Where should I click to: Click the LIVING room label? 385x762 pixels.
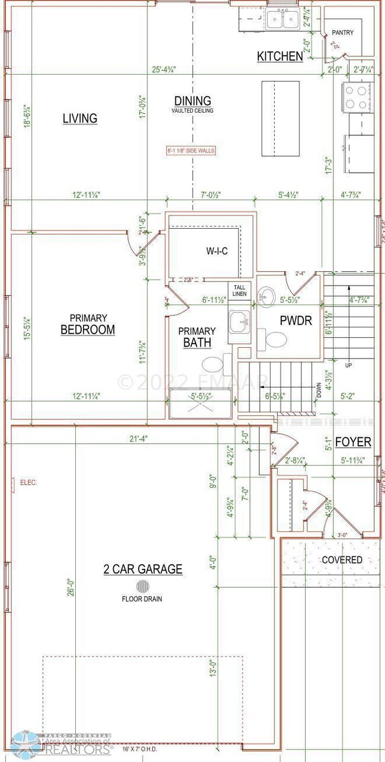pos(80,119)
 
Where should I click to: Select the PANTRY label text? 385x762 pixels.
pos(342,33)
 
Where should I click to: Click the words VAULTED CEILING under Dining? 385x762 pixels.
pos(192,111)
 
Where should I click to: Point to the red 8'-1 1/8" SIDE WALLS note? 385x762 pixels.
pos(191,151)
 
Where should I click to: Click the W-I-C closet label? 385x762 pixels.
pos(217,251)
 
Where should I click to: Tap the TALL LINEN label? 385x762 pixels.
pos(239,290)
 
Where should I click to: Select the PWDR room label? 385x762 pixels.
pos(291,321)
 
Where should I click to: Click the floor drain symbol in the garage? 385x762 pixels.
pos(143,587)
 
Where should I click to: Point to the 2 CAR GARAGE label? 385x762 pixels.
pos(143,569)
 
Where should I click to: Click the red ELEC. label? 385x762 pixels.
pos(28,482)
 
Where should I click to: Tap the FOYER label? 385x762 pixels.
pos(353,442)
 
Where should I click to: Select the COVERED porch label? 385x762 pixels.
pos(342,559)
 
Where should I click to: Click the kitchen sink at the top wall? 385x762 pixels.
pos(282,20)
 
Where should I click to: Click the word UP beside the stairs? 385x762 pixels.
pos(348,366)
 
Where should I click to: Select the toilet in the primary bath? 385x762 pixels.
pos(211,364)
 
